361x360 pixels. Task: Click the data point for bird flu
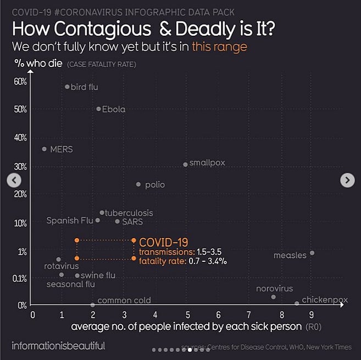tap(67, 87)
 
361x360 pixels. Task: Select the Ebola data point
tap(98, 109)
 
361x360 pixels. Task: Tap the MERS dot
tap(45, 149)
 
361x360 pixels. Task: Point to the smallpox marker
tap(185, 164)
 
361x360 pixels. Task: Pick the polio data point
tap(138, 184)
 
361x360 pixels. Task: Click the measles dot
tap(312, 253)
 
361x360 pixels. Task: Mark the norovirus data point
tap(274, 297)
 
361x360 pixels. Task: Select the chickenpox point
tap(297, 303)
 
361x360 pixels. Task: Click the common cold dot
tap(92, 305)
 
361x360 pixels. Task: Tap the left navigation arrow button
tap(14, 180)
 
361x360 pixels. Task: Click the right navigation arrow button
tap(347, 180)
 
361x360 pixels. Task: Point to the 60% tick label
tap(20, 82)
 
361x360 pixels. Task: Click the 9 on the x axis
tap(312, 315)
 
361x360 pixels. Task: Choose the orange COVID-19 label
tap(163, 242)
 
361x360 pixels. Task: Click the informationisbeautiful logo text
tap(58, 346)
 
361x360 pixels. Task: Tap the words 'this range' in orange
tap(219, 47)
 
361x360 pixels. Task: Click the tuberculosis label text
tap(129, 212)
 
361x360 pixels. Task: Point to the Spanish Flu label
tap(70, 221)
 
